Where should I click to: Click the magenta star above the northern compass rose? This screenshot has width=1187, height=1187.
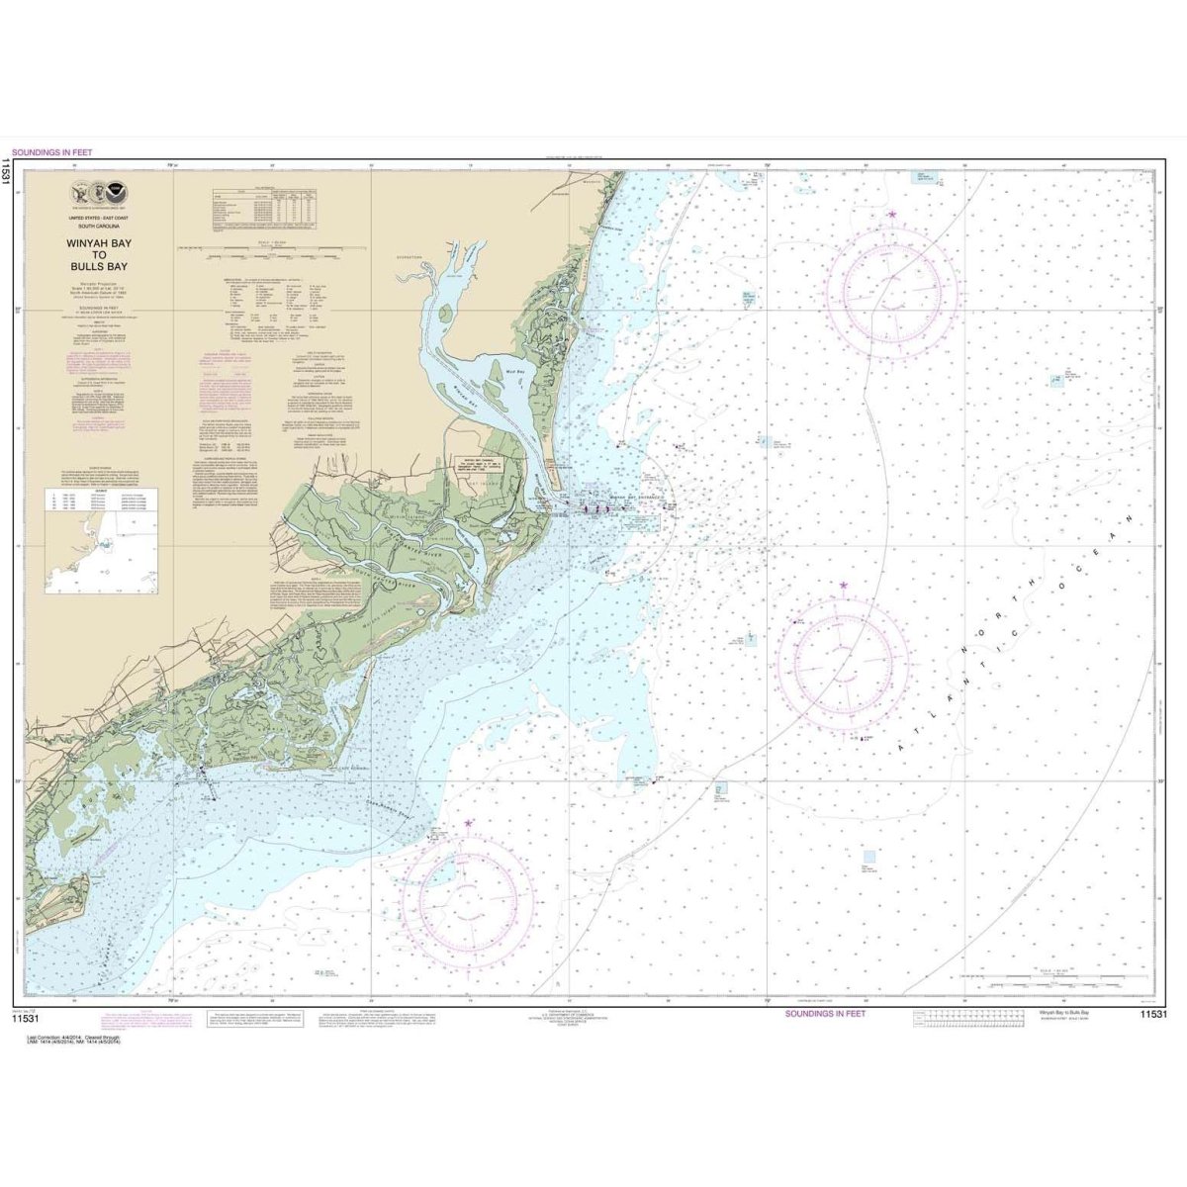tap(892, 214)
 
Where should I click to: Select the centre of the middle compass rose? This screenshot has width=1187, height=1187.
tap(843, 661)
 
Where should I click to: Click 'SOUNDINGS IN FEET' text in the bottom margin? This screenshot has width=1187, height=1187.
tap(825, 1014)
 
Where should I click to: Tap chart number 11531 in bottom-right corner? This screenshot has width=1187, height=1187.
tap(1152, 1015)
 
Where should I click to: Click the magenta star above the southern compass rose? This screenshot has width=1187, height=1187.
tap(469, 823)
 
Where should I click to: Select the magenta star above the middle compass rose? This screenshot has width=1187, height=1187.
tap(843, 586)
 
